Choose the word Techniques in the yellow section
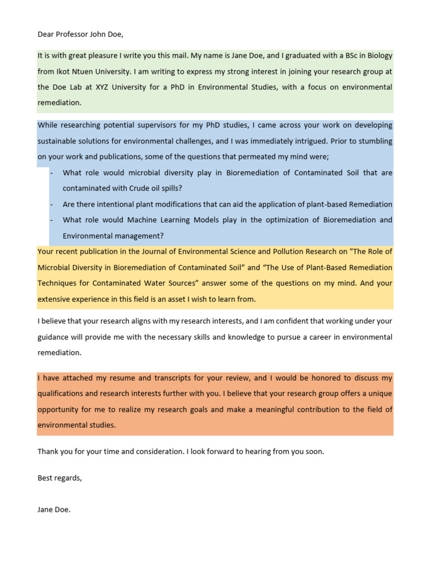pyautogui.click(x=57, y=283)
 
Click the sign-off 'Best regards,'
pyautogui.click(x=59, y=478)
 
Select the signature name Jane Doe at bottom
pyautogui.click(x=54, y=510)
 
